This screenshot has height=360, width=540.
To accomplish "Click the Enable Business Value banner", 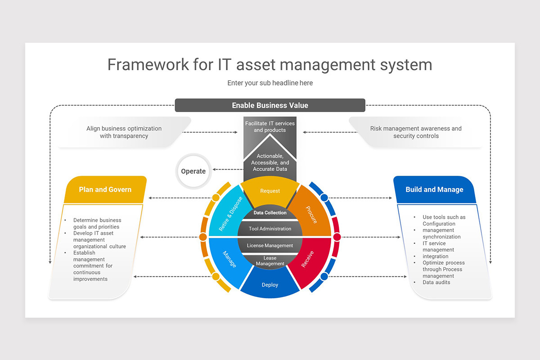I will click(x=270, y=105).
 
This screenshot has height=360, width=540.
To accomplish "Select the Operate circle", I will click(x=193, y=171).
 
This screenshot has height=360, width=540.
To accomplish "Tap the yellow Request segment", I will click(x=270, y=190).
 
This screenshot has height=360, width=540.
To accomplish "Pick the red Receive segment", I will click(x=308, y=260).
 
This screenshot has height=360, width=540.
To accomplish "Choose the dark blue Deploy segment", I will click(x=270, y=284).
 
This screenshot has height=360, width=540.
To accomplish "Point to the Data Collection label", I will click(x=270, y=213).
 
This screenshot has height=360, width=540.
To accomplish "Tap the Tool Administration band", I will click(x=270, y=229).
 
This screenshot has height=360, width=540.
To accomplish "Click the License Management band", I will click(x=270, y=245).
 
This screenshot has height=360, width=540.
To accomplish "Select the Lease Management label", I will click(x=270, y=261).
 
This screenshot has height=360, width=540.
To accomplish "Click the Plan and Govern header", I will click(x=105, y=189).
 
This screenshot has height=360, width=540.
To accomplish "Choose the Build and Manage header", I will click(x=434, y=189).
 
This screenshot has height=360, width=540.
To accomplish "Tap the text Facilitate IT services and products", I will click(x=270, y=126).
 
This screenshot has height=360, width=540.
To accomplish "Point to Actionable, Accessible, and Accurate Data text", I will click(x=270, y=162).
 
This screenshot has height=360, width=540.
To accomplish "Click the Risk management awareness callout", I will click(x=416, y=132).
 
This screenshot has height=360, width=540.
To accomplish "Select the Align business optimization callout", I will click(x=124, y=132).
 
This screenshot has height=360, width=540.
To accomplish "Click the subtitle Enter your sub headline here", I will click(x=270, y=83).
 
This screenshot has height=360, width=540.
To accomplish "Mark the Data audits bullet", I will click(x=436, y=282).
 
